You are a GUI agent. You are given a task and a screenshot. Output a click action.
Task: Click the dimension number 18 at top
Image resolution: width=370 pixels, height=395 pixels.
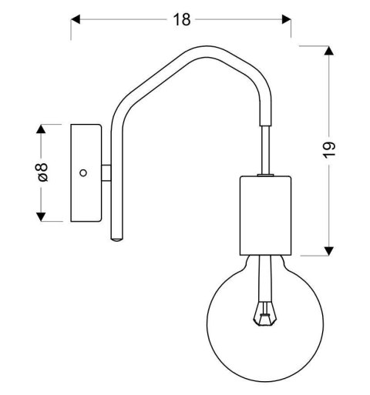(181, 20)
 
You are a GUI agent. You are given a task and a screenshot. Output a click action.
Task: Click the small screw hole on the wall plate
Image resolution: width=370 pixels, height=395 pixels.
(84, 172)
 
